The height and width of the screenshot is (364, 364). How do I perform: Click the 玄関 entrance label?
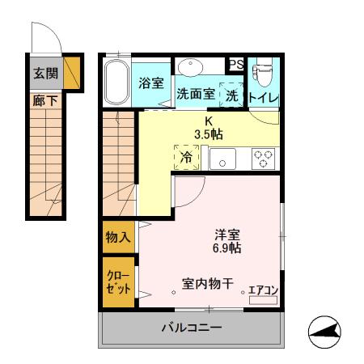45,73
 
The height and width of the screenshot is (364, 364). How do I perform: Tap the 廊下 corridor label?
45,102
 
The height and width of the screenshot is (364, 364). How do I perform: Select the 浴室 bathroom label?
151,82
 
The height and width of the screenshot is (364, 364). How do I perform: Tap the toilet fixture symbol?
262,74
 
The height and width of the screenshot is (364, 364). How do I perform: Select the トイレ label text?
263,98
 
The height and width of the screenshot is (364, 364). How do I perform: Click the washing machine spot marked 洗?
232,94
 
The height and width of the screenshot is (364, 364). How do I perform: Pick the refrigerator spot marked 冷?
186,157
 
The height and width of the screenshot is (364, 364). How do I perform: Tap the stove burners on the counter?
264,158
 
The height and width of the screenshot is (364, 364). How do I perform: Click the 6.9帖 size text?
227,248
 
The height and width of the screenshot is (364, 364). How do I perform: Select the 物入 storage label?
118,237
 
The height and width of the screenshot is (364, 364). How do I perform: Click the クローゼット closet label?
118,282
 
